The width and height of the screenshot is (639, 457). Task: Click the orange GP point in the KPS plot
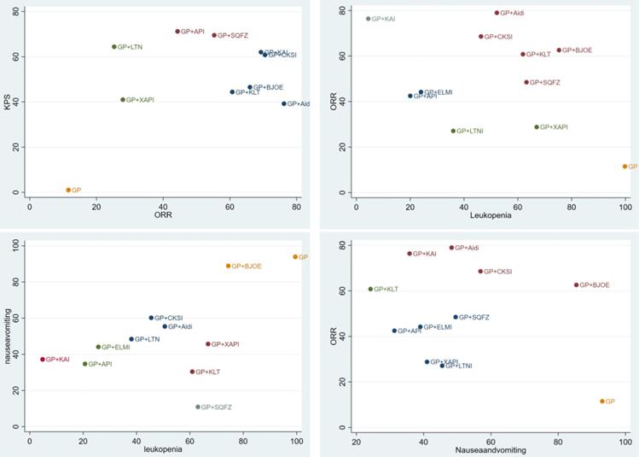click(x=68, y=190)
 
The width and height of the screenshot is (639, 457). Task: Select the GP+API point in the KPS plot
click(x=177, y=32)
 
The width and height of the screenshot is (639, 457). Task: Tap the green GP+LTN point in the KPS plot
click(x=113, y=47)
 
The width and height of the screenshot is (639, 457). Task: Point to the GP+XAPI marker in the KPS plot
click(x=123, y=100)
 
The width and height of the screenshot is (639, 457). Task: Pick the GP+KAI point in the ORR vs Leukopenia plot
click(x=369, y=19)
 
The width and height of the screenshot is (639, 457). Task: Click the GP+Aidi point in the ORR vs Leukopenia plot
click(x=497, y=13)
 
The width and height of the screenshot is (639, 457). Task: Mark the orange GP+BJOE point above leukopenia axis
click(x=228, y=266)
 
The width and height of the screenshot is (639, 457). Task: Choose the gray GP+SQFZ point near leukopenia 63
click(x=198, y=407)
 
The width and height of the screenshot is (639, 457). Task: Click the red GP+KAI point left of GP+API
click(x=43, y=360)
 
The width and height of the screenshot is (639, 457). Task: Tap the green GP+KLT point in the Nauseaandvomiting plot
click(x=370, y=289)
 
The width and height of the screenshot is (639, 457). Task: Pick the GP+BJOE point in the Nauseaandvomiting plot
click(x=576, y=284)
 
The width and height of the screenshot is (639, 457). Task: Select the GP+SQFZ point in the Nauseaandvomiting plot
click(x=456, y=317)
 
